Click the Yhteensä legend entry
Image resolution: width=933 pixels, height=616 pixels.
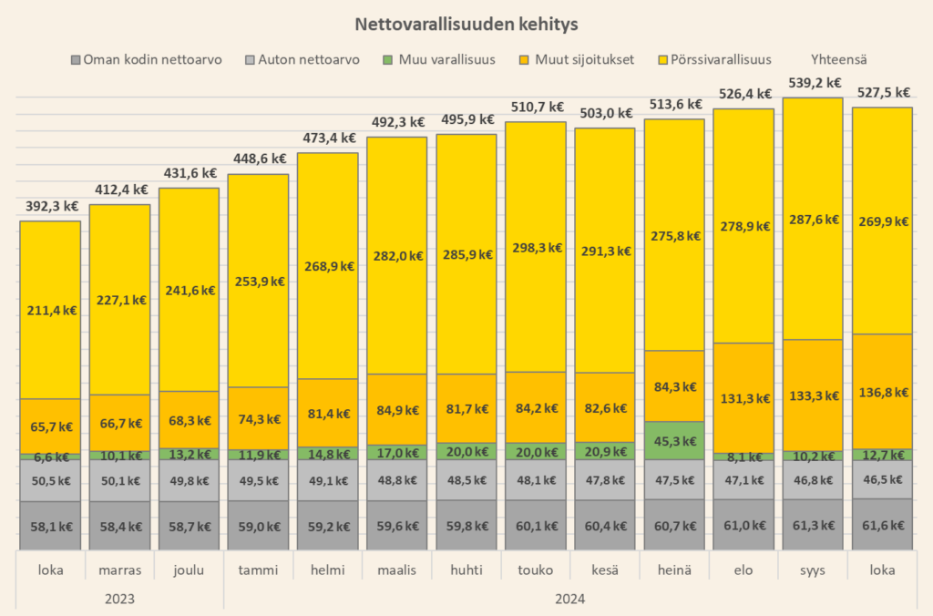[x=840, y=60]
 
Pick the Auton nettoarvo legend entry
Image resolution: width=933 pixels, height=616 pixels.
[x=302, y=60]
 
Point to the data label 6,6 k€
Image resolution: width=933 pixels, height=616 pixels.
[x=50, y=457]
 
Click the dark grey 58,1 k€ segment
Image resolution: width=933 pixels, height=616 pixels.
[x=50, y=526]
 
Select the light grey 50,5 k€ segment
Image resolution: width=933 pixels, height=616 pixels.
[x=50, y=480]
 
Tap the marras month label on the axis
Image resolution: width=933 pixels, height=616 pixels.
[x=119, y=571]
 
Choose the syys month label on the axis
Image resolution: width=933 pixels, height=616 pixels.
[x=813, y=571]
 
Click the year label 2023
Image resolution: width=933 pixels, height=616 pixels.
[x=119, y=599]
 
